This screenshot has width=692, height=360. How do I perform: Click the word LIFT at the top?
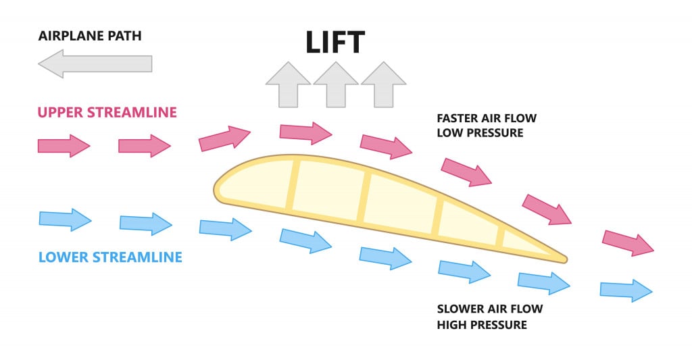335,41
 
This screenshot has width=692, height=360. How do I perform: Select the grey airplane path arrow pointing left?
95,64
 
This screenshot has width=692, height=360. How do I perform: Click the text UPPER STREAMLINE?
107,112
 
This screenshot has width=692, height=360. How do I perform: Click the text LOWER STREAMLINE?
110,257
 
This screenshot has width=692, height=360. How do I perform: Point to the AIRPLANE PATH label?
89,34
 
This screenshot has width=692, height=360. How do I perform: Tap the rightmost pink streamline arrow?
628,241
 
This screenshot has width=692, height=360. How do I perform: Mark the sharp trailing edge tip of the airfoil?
564,258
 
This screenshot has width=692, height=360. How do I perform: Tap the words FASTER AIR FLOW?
487,118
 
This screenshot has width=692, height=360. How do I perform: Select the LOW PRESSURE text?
480,133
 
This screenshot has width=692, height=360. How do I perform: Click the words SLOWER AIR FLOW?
490,309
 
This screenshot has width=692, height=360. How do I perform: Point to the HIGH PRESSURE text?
482,325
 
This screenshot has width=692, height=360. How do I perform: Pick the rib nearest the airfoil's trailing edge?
501,236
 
